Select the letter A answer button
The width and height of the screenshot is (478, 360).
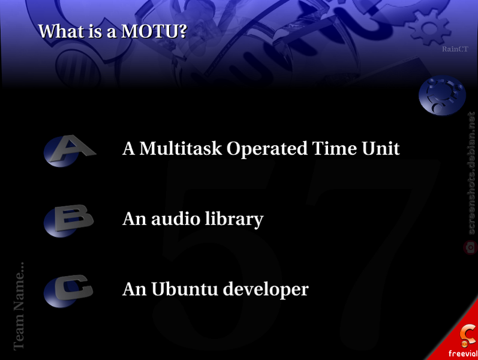click(x=69, y=151)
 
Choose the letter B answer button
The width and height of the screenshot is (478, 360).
click(x=68, y=220)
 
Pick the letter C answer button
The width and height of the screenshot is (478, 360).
click(x=68, y=291)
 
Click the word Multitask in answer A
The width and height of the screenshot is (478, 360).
click(x=181, y=148)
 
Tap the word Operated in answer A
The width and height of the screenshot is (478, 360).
click(x=267, y=149)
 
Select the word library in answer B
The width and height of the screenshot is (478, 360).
click(x=234, y=220)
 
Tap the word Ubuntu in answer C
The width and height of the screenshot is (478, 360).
click(x=185, y=289)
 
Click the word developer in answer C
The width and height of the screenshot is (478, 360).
click(x=266, y=290)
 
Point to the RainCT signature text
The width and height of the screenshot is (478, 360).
click(x=455, y=49)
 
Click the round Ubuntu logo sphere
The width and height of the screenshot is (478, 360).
click(x=442, y=96)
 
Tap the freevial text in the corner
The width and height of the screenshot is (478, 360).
click(x=463, y=353)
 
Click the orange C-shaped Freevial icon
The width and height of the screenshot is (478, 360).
click(x=468, y=335)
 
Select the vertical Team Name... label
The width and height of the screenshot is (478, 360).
click(x=19, y=305)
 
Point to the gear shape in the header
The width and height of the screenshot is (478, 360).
click(x=429, y=28)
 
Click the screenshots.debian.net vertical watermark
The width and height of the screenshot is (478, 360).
click(x=471, y=173)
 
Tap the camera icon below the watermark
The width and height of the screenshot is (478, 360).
click(x=470, y=247)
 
